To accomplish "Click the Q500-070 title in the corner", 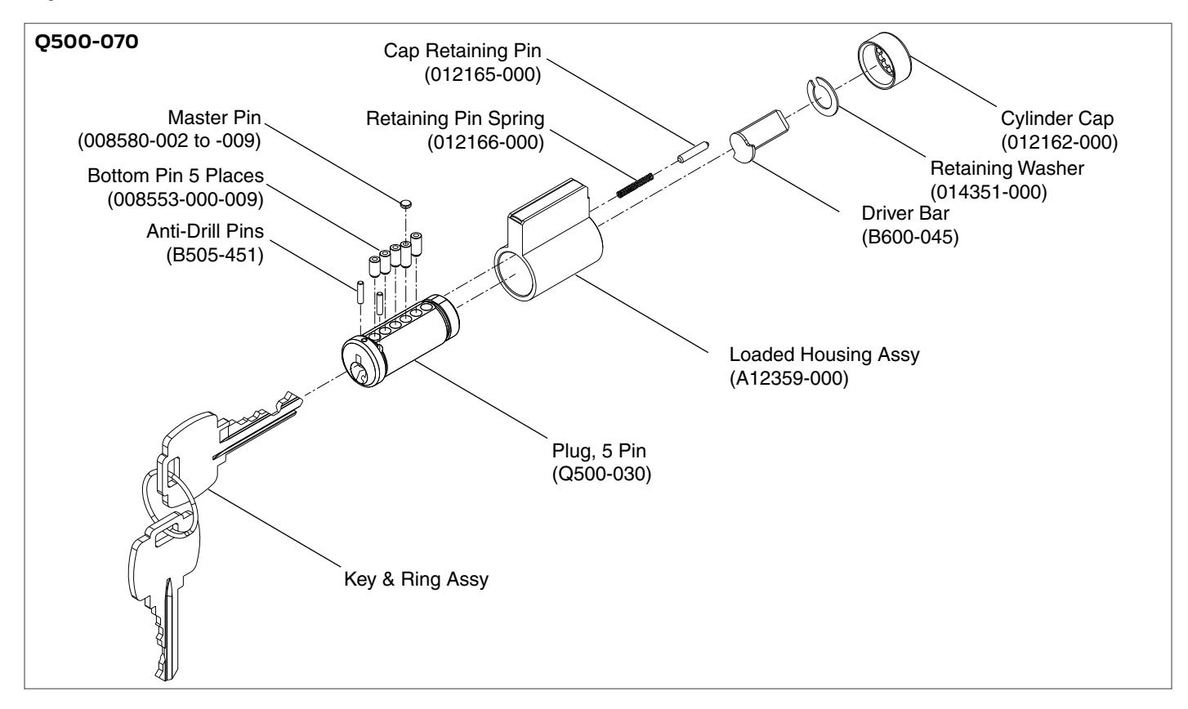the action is tap(87, 42).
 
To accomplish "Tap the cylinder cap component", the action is tap(884, 60).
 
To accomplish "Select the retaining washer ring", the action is tap(823, 96).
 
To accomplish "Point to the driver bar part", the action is tap(758, 136).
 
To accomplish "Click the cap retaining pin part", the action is tap(693, 152).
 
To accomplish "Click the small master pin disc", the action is tap(406, 203).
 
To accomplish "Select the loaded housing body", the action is tap(549, 239).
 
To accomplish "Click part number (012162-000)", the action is tap(1059, 142).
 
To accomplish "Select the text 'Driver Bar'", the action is tap(904, 212).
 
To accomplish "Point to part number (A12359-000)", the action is tap(788, 378).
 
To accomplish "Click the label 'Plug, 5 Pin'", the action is tap(599, 450).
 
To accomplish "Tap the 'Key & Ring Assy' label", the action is tap(416, 579).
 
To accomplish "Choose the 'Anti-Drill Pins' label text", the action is tap(205, 231).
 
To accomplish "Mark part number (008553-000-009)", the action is tap(185, 199).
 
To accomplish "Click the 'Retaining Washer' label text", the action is tap(1007, 168).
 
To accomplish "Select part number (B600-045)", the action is tap(910, 237).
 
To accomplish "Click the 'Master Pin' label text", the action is tap(214, 117).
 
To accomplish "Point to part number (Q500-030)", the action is tap(601, 474).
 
